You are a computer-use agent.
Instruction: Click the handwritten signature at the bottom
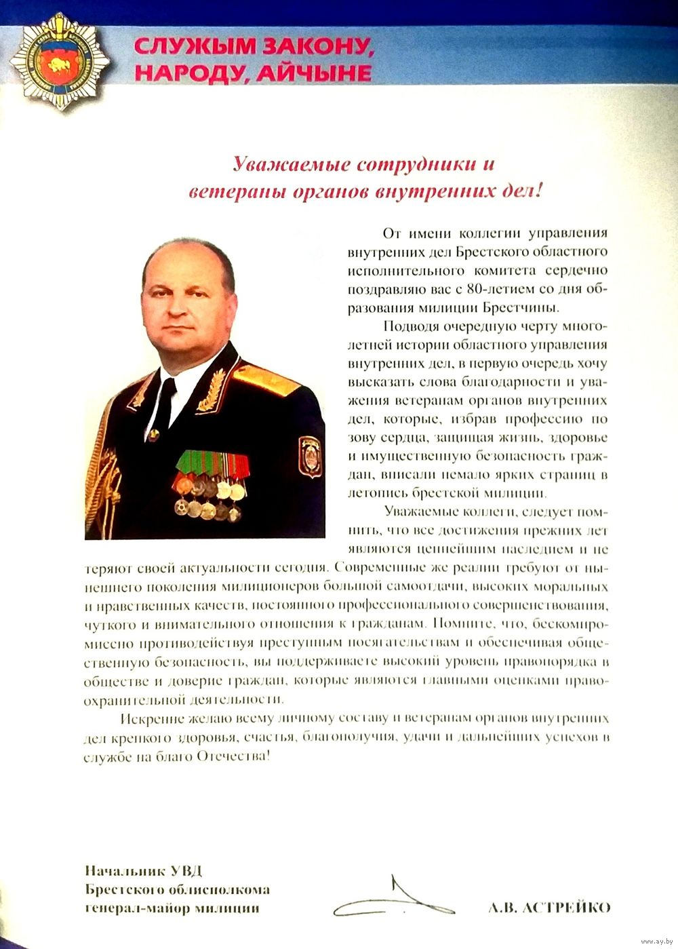[x=393, y=899]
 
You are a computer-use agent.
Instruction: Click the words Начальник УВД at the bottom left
[x=144, y=871]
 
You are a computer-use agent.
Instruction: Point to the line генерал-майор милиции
[x=172, y=908]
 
